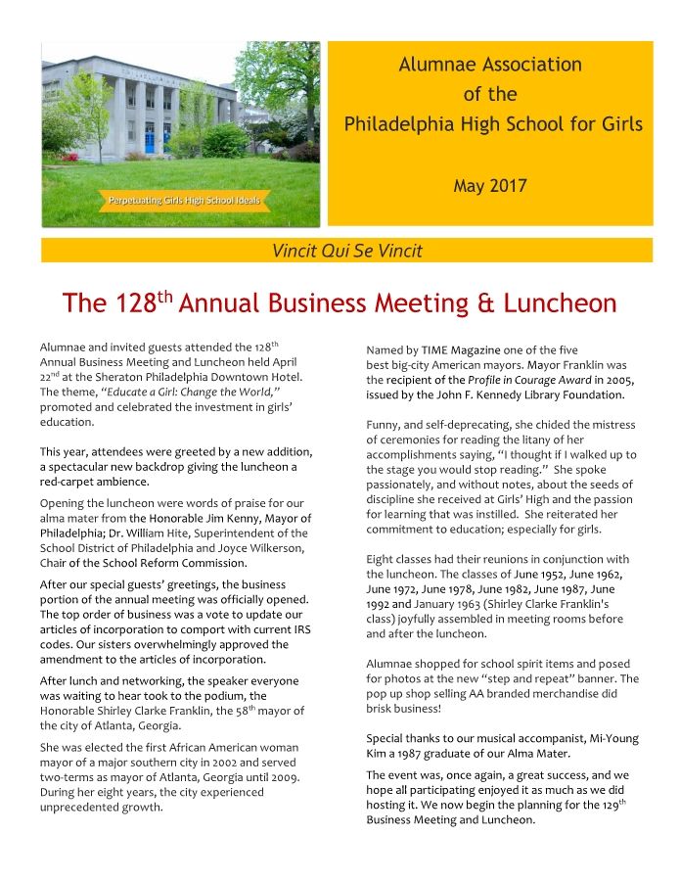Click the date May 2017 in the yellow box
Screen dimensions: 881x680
(490, 185)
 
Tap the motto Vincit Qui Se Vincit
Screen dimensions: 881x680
(346, 251)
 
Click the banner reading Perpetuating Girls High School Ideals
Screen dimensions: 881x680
(184, 201)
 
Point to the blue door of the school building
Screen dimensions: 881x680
(151, 139)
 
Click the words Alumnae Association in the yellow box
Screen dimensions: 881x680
(490, 66)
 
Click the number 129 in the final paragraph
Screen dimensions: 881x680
(607, 805)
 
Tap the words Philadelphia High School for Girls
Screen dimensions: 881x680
(492, 124)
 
